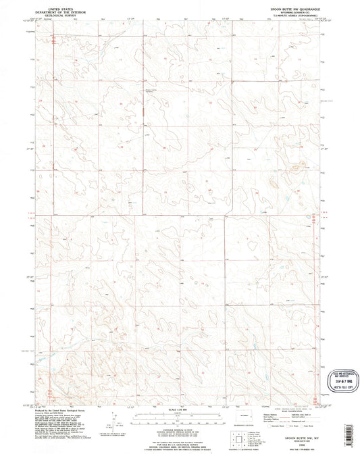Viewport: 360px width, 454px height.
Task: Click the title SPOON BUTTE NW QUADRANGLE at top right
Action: tap(283, 7)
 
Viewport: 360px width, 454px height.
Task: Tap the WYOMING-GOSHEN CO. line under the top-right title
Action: tap(284, 12)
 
